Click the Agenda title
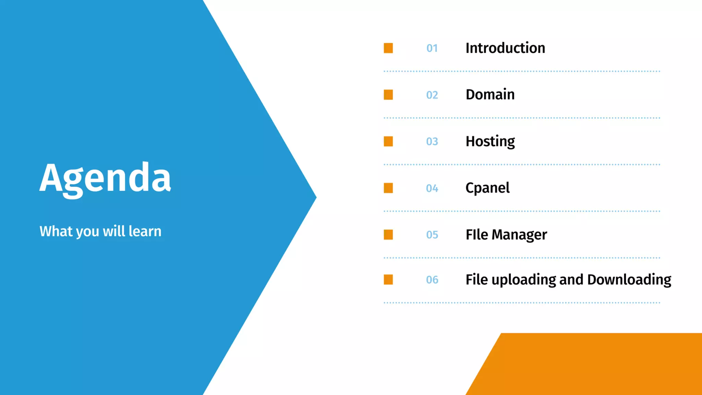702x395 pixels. (105, 178)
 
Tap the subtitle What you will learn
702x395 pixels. (100, 231)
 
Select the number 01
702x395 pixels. (432, 48)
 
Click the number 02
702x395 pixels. (432, 95)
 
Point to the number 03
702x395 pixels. (432, 142)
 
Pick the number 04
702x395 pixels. (432, 188)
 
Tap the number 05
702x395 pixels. (432, 235)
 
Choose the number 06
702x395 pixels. (432, 280)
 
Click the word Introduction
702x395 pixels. (505, 48)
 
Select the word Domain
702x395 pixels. (490, 95)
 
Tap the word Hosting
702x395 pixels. (490, 142)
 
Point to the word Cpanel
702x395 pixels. (487, 188)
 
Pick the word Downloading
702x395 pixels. (629, 280)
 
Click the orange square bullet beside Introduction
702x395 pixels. (388, 48)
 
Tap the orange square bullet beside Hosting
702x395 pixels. (388, 141)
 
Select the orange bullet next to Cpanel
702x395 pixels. (388, 188)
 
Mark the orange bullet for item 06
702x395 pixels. (388, 279)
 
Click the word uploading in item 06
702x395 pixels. (523, 280)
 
